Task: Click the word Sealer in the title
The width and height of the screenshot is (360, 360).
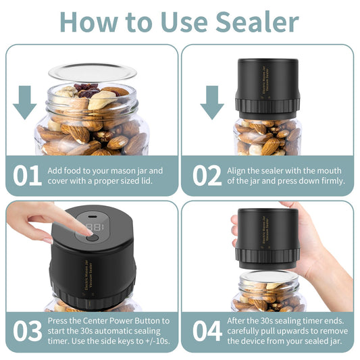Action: (257, 22)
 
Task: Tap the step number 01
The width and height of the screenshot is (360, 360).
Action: (27, 176)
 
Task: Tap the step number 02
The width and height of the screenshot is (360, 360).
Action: (207, 176)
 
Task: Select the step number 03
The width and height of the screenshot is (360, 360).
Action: (28, 330)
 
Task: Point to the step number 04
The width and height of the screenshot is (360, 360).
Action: (207, 330)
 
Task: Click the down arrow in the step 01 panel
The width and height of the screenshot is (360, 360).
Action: (25, 103)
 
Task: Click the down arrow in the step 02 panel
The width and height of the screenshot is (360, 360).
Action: (212, 103)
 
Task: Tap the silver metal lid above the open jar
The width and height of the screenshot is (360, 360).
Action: (93, 72)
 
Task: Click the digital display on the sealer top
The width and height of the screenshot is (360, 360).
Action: (96, 228)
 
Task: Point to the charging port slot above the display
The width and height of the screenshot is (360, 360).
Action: (92, 217)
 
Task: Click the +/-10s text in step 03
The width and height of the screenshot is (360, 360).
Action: (158, 341)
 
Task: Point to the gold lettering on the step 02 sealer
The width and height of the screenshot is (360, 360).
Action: (265, 80)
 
